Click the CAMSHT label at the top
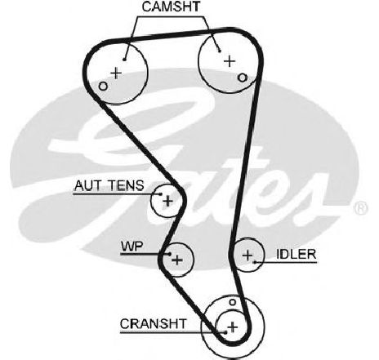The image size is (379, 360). (171, 7)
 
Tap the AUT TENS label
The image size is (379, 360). (109, 185)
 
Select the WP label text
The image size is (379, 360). (132, 247)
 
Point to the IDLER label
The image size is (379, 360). (297, 255)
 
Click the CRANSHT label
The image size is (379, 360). (154, 324)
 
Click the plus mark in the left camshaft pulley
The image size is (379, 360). (116, 73)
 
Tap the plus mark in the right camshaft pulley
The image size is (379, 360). (230, 61)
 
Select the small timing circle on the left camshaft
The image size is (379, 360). (103, 87)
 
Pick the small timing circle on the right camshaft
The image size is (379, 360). (242, 78)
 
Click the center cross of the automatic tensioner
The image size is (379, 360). (167, 202)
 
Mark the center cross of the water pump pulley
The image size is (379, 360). (177, 260)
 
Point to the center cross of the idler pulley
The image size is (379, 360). (247, 256)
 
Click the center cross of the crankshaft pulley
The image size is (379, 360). (233, 327)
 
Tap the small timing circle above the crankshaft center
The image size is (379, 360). (232, 302)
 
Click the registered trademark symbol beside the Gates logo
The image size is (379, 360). (360, 208)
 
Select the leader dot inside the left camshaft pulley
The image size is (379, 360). (124, 60)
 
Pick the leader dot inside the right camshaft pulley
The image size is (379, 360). (220, 51)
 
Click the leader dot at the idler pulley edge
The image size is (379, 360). (255, 262)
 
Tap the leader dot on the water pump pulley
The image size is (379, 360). (170, 254)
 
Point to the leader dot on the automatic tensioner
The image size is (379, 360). (161, 194)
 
